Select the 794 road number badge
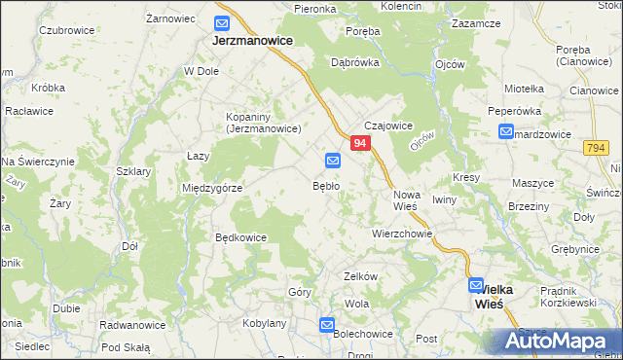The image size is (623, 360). point(597,148)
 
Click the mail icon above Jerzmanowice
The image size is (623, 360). point(223,23)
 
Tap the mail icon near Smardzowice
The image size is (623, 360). point(506,132)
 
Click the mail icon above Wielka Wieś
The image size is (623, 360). point(476,286)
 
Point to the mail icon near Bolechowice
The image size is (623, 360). point(327,326)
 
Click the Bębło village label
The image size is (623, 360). point(325,185)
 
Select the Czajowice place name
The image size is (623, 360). point(389,126)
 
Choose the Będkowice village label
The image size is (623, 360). point(240,236)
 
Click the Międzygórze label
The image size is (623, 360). point(211,188)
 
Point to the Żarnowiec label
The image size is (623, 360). point(170,18)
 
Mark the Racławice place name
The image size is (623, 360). point(29,111)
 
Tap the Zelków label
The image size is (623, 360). point(360,276)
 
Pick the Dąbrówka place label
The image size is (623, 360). point(354,61)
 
